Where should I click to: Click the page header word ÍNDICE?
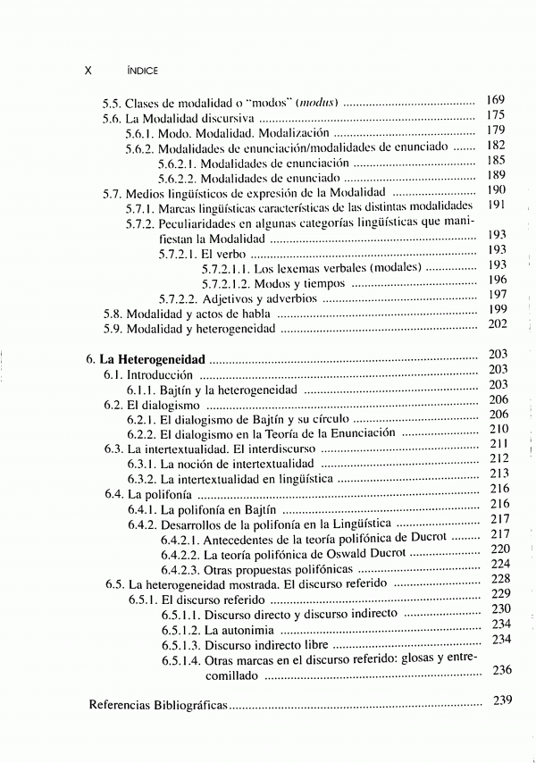pyautogui.click(x=143, y=69)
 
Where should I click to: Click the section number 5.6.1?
pyautogui.click(x=140, y=133)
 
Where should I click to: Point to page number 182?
pyautogui.click(x=496, y=145)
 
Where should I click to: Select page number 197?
pyautogui.click(x=498, y=295)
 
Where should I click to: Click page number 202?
pyautogui.click(x=498, y=324)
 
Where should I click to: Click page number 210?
pyautogui.click(x=498, y=429)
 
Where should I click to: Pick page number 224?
pyautogui.click(x=500, y=564)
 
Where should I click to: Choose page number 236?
pyautogui.click(x=502, y=670)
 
